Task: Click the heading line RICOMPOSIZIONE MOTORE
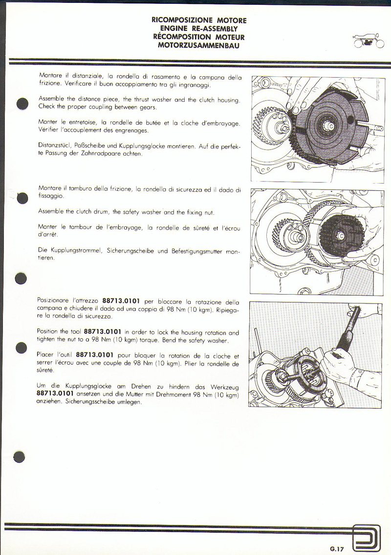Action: click(x=199, y=20)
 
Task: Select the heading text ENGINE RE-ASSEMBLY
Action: click(x=199, y=28)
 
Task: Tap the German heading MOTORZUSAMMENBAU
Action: click(x=199, y=45)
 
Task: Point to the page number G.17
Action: click(x=337, y=549)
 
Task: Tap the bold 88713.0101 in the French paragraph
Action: click(x=95, y=355)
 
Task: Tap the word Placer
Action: click(x=46, y=355)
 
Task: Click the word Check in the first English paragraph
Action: click(x=46, y=107)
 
